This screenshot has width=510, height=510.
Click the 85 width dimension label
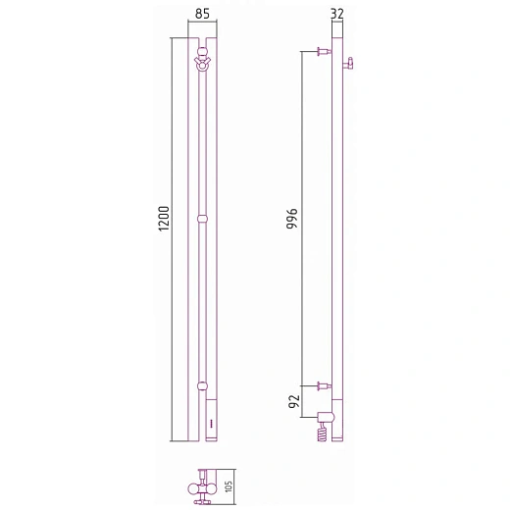point(202,14)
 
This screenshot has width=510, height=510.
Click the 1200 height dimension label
point(164,219)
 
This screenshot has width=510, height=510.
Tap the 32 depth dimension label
point(337,14)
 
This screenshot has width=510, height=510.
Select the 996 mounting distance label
point(292,219)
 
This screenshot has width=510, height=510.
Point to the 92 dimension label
point(294,401)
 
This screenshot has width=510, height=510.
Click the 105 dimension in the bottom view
point(229,486)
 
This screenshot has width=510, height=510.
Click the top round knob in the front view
point(203,52)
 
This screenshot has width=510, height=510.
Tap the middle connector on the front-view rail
point(203,219)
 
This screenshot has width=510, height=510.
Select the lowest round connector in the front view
point(202,386)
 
